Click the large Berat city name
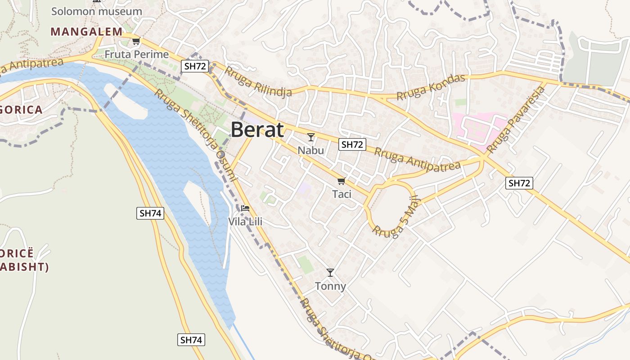pos(257,130)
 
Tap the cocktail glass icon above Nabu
pos(311,137)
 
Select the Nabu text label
pos(311,150)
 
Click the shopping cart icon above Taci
pos(341,181)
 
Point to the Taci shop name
pos(342,194)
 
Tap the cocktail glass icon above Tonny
pos(330,273)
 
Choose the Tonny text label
pos(330,286)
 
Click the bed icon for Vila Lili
pos(245,208)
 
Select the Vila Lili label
pos(245,221)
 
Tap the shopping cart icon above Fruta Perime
pos(136,41)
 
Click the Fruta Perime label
pos(137,54)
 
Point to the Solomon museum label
pos(96,11)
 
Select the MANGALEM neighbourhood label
pos(86,31)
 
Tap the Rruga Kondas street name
pos(430,87)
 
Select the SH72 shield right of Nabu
pos(352,144)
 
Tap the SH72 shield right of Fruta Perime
pos(195,67)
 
